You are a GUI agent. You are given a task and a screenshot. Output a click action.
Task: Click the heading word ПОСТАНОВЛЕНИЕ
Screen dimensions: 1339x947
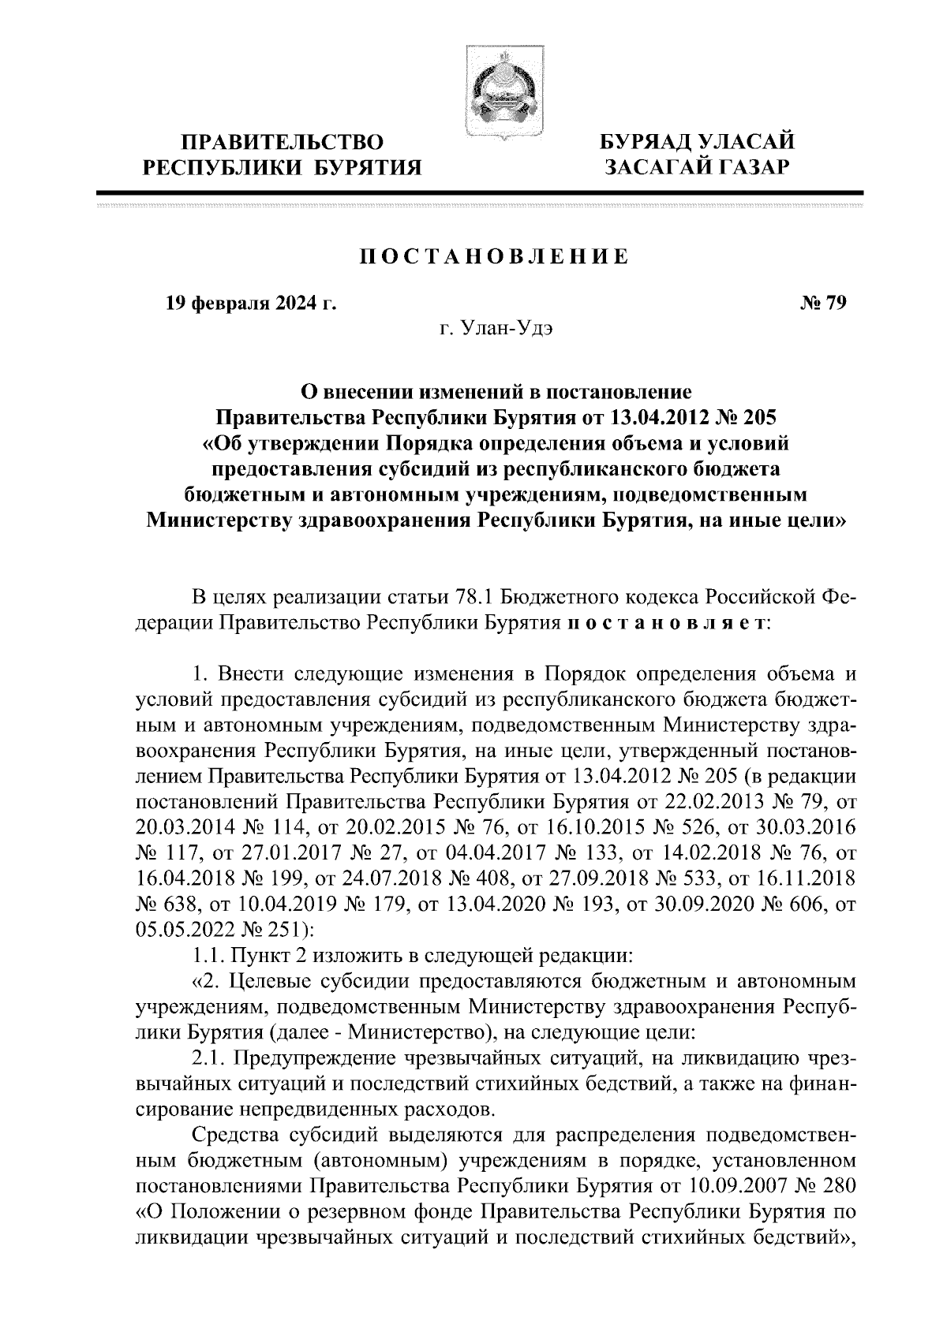[495, 256]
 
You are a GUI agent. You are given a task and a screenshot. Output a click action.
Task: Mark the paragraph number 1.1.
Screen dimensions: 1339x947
[208, 956]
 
